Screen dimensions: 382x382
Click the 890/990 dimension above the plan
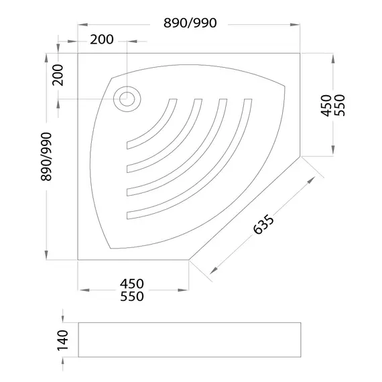[x=190, y=23]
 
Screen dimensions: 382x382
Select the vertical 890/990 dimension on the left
[x=46, y=157]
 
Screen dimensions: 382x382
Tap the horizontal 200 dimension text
[x=102, y=40]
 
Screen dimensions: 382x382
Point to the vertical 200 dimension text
[x=58, y=75]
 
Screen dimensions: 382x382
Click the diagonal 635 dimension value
[x=263, y=225]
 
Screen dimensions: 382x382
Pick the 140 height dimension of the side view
[x=62, y=340]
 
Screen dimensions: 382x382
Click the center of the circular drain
[x=127, y=99]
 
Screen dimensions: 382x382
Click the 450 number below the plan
[x=132, y=283]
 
